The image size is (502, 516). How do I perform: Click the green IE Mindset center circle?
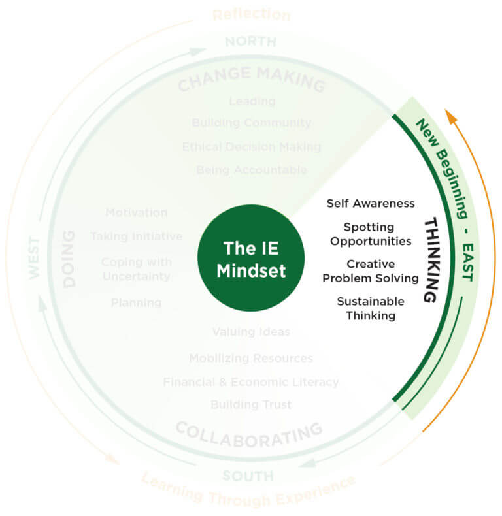[251, 259]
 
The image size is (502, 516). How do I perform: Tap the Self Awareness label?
[371, 203]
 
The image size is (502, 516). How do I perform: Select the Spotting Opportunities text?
[371, 234]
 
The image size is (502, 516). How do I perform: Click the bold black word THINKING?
[430, 260]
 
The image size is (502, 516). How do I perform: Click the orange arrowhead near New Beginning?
[450, 118]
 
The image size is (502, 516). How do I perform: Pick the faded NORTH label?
[250, 42]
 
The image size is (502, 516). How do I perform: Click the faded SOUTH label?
[248, 476]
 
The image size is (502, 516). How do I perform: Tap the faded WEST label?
[35, 259]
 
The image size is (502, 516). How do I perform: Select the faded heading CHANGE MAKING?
[251, 79]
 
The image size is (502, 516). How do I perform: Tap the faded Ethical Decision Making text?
[252, 146]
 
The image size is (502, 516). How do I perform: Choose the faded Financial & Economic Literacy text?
[251, 381]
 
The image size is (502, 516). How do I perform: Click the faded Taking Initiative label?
[136, 236]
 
